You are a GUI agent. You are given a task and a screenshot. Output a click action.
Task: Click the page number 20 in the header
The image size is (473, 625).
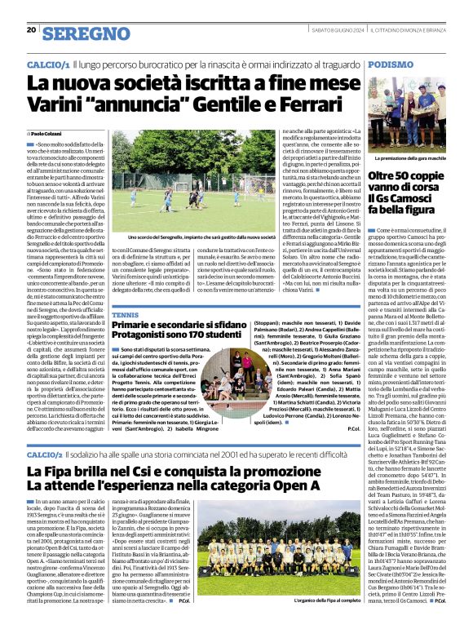tap(31, 29)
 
